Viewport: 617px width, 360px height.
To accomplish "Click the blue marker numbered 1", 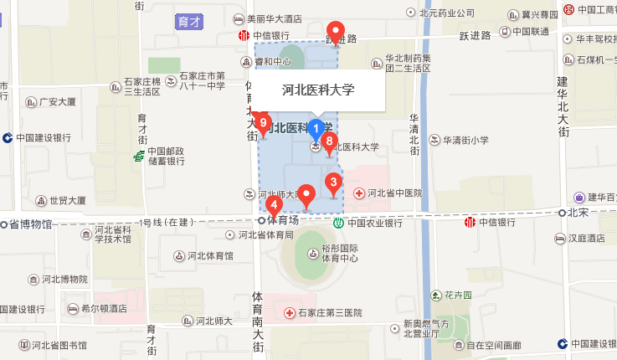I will point(316,129).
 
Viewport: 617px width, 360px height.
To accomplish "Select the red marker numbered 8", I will point(330,142).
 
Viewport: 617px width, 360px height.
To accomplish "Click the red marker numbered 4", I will point(274,205).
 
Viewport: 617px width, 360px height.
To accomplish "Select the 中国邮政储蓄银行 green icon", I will point(139,156).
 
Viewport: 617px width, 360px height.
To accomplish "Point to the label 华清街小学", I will point(465,141).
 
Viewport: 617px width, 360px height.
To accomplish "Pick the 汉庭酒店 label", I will point(586,239).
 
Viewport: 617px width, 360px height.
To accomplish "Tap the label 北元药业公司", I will point(446,13).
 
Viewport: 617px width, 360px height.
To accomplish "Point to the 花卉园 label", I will point(459,296).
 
